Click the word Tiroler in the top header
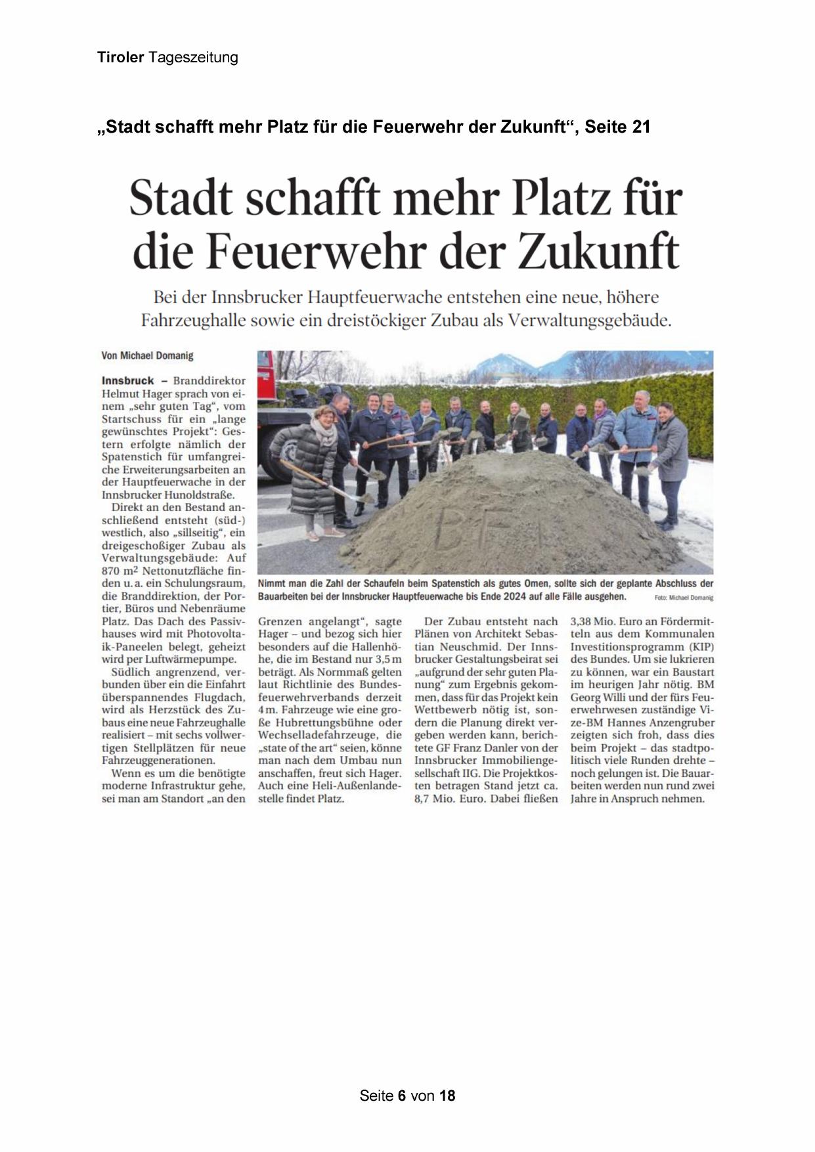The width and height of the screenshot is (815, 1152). [x=120, y=58]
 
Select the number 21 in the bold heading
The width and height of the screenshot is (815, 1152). [x=641, y=127]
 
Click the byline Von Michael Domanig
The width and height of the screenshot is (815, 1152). [x=147, y=355]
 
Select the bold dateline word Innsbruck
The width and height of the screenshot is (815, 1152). [x=128, y=380]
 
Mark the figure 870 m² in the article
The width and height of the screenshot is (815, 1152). [x=121, y=571]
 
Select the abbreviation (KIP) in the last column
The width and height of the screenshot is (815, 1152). [x=701, y=646]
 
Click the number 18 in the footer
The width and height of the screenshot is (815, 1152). [x=447, y=1096]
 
